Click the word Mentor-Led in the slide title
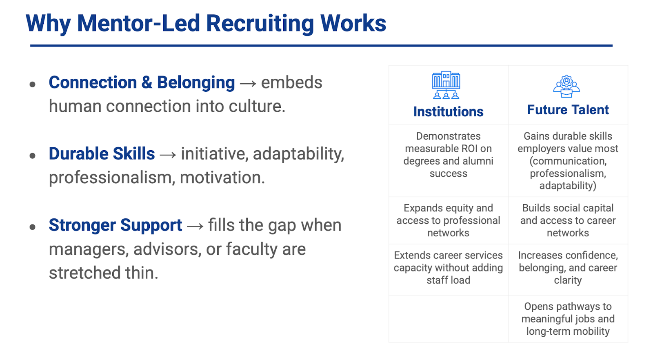[x=138, y=23]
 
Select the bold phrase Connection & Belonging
[x=142, y=82]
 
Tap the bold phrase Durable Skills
[x=102, y=154]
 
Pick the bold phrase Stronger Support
[x=115, y=225]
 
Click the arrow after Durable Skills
[x=168, y=155]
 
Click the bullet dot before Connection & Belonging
[x=33, y=84]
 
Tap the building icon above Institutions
[x=446, y=85]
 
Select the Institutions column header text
[x=448, y=112]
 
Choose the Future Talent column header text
[x=568, y=110]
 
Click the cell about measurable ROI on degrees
[x=448, y=155]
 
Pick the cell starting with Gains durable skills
[x=568, y=161]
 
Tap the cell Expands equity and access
[x=448, y=220]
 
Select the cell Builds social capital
[x=568, y=220]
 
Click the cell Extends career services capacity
[x=448, y=268]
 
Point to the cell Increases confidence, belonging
[x=568, y=268]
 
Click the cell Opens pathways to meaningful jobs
[x=568, y=319]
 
